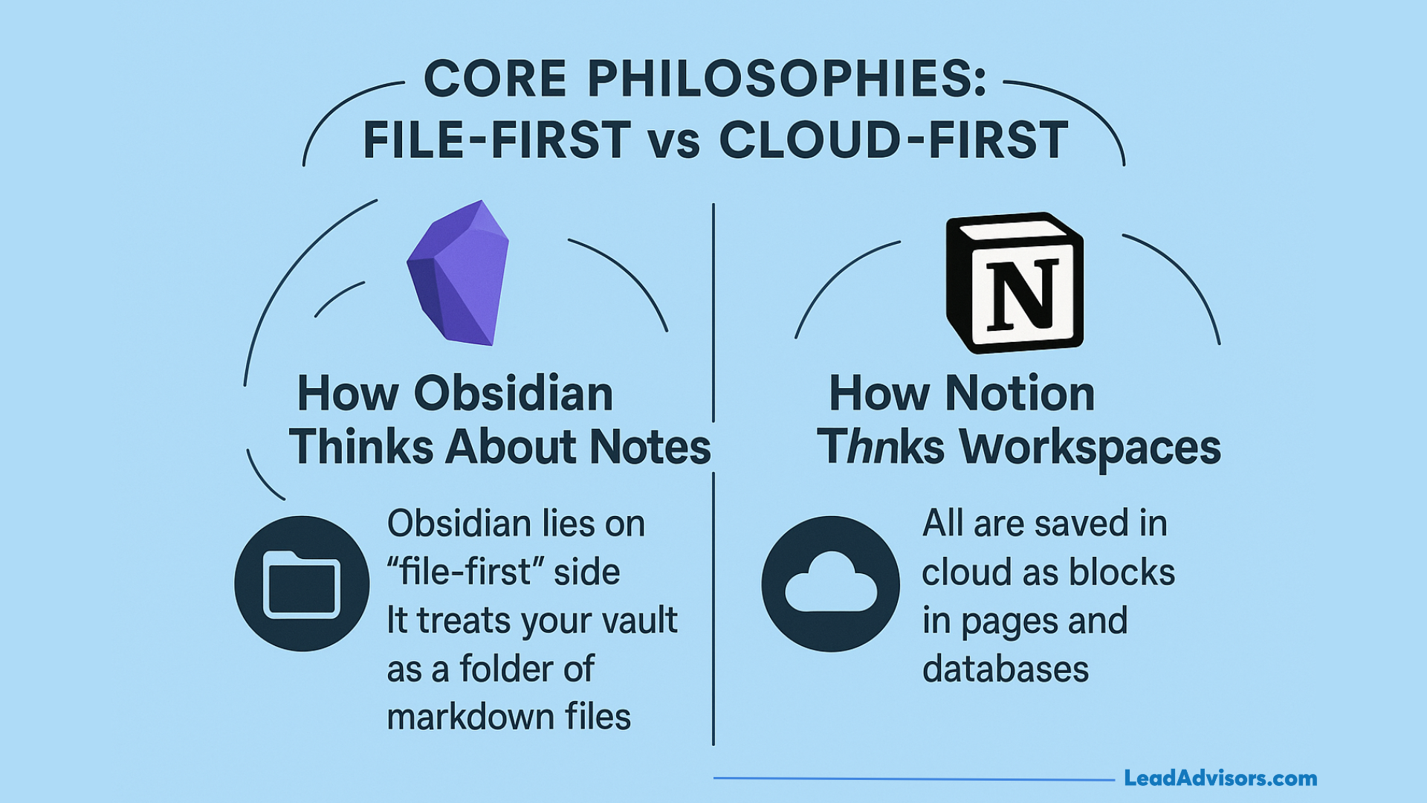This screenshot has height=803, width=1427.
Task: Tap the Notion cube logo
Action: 1015,283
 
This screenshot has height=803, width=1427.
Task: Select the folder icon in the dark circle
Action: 302,584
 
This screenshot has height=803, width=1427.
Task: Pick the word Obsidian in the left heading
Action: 514,393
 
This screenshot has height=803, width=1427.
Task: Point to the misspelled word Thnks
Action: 881,448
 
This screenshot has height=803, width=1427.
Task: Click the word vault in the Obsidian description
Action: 640,620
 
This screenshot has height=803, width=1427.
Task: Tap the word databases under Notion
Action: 1005,669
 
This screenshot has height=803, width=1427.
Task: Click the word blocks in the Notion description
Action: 1122,573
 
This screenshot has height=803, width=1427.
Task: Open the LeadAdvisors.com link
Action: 1220,778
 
